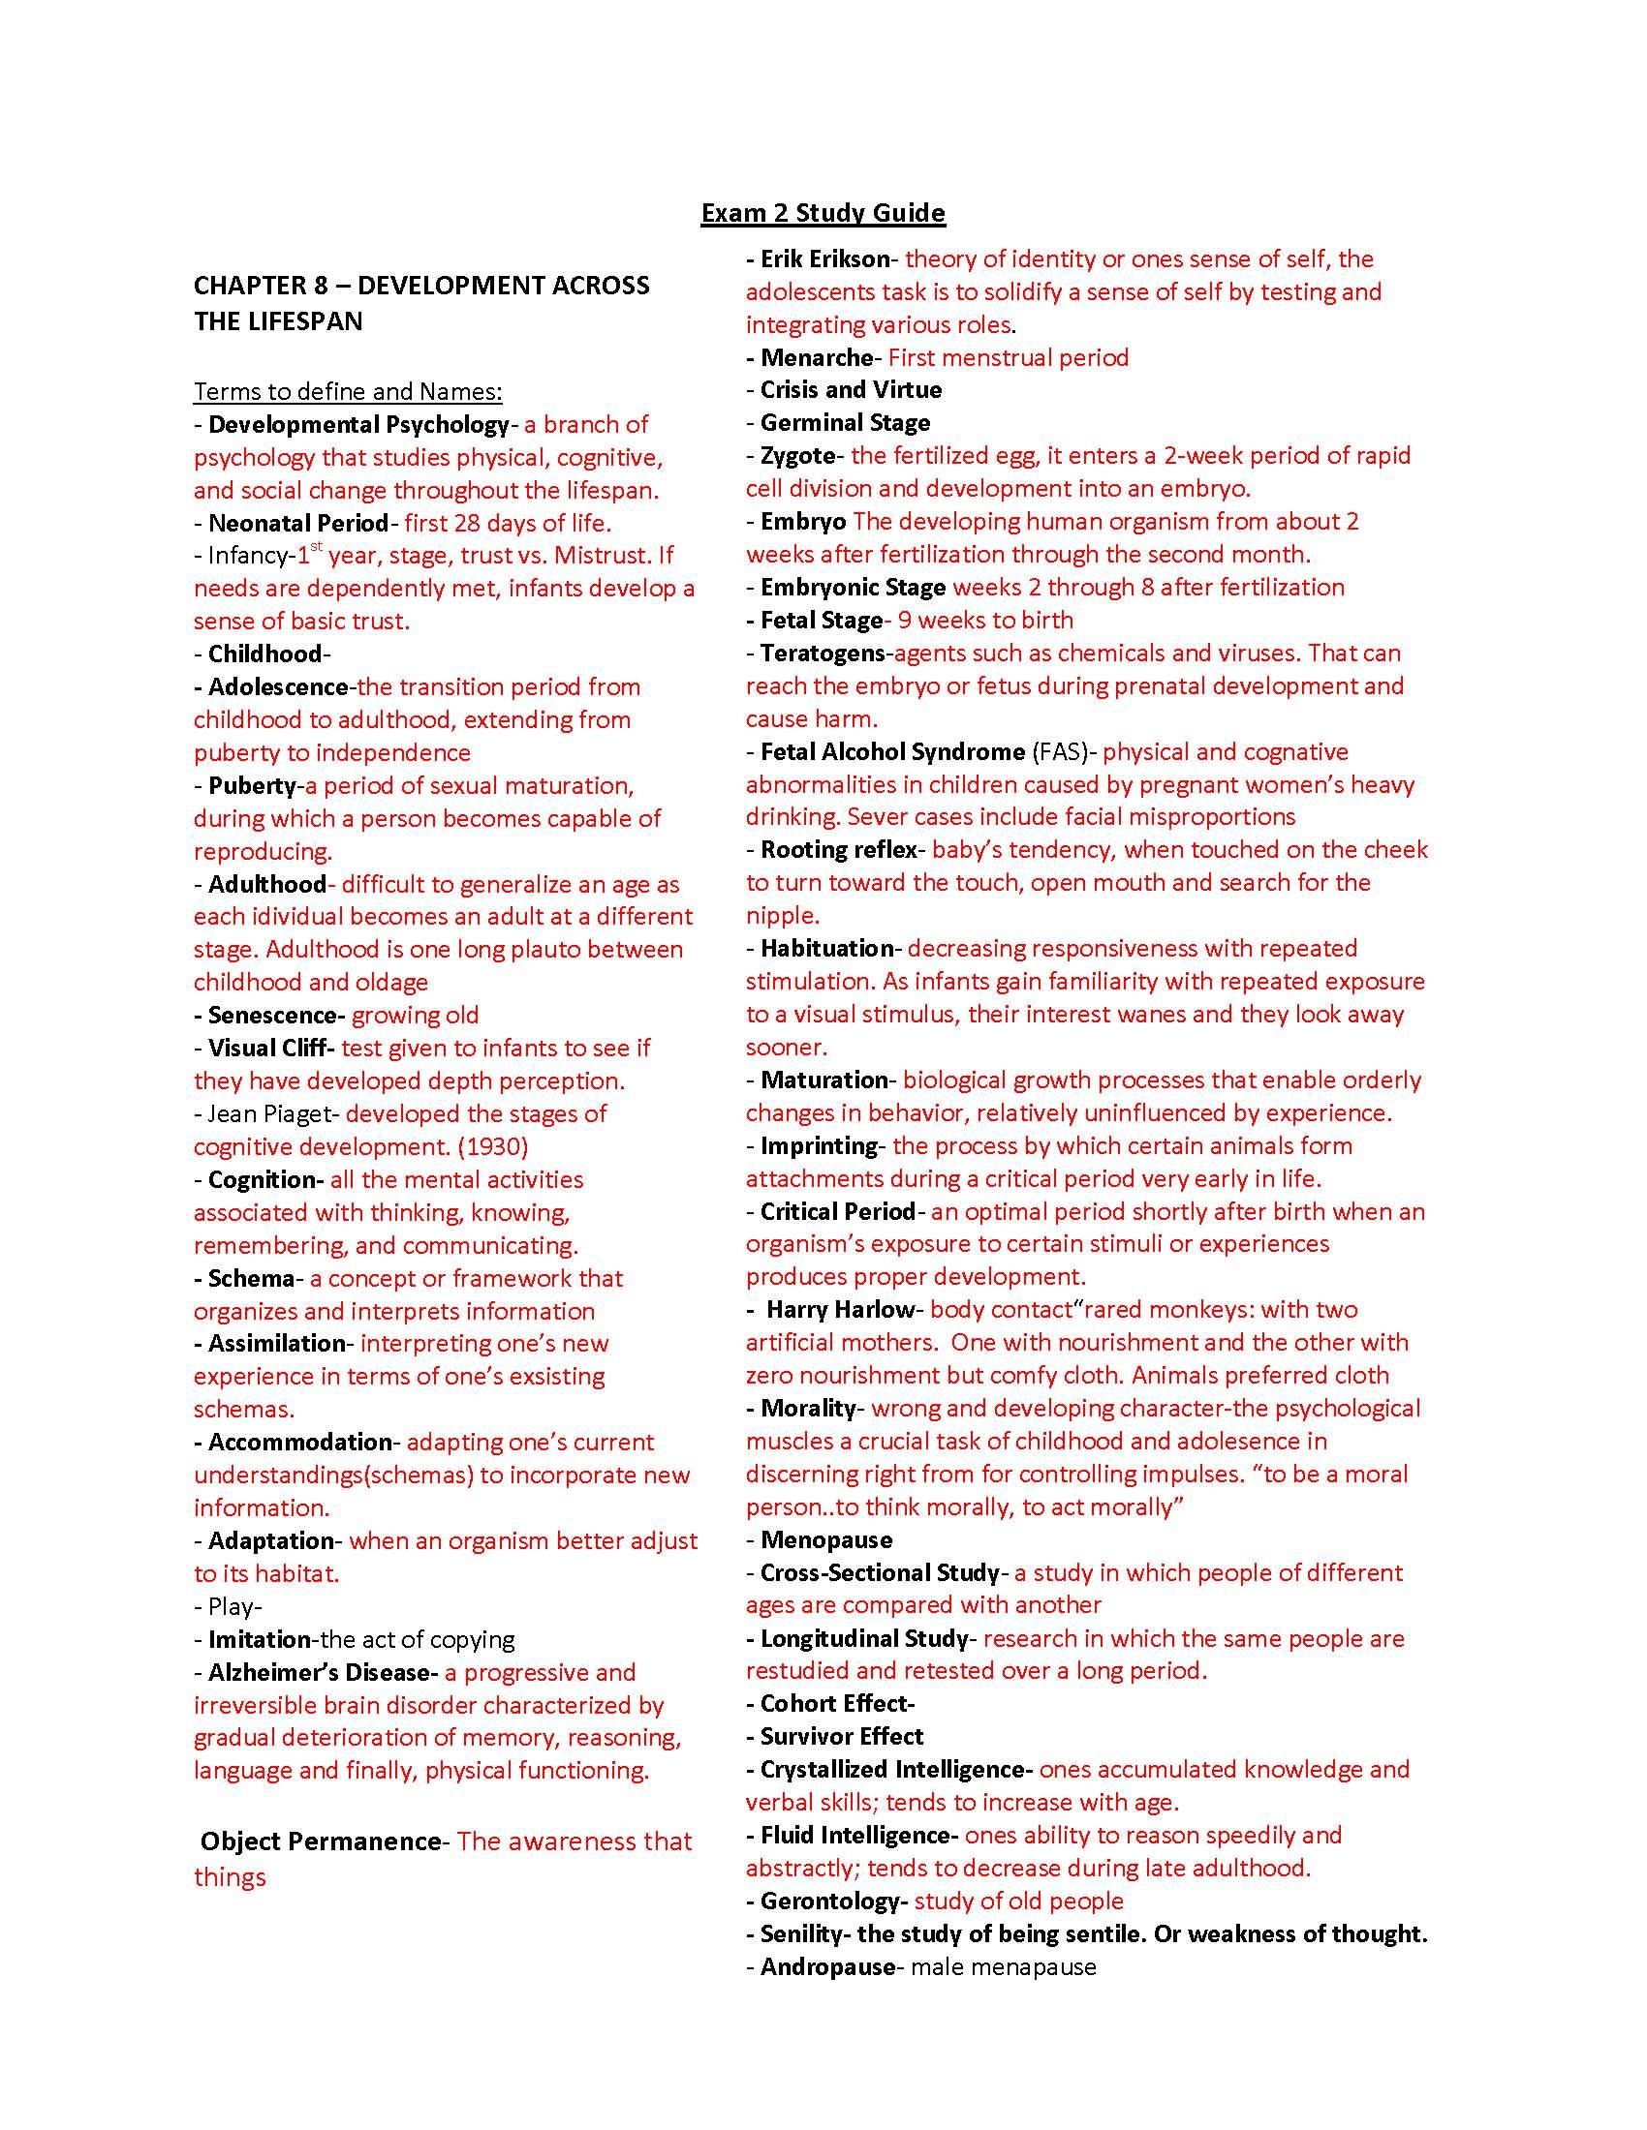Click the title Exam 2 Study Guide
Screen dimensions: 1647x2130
click(x=823, y=213)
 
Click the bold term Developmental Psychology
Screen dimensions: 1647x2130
click(x=358, y=425)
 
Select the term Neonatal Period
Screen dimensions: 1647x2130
click(x=297, y=524)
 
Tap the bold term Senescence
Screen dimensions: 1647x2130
click(x=274, y=1016)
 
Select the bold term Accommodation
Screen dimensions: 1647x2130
click(x=299, y=1443)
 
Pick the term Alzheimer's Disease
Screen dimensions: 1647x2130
click(x=319, y=1673)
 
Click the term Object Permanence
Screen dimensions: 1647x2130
click(x=321, y=1841)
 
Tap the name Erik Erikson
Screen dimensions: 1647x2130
click(x=824, y=259)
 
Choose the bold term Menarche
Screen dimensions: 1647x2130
click(x=816, y=358)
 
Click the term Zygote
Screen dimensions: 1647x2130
click(x=797, y=455)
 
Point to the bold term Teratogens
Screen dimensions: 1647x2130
click(x=822, y=653)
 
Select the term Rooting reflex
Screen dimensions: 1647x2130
click(x=838, y=849)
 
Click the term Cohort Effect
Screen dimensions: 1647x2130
click(x=834, y=1704)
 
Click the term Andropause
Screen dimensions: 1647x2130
click(x=826, y=1967)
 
